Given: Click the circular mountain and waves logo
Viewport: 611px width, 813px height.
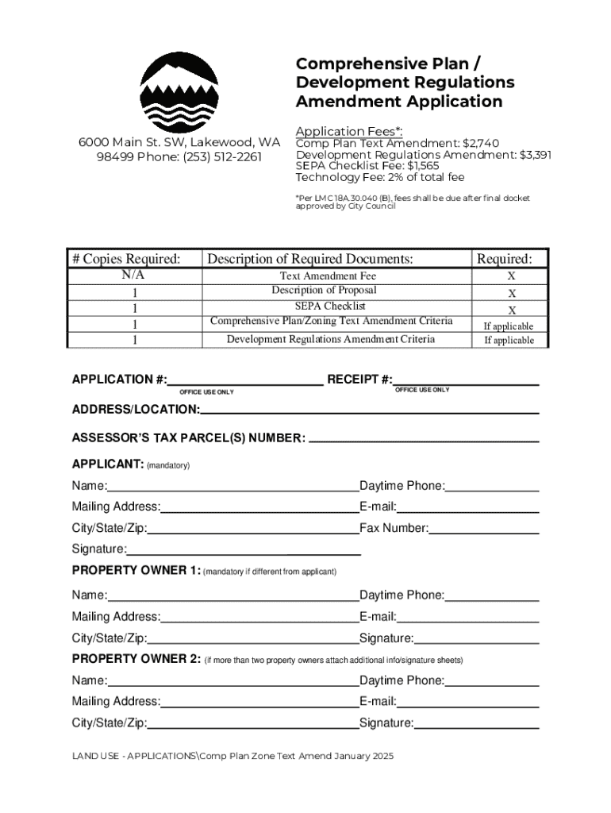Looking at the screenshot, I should tap(179, 92).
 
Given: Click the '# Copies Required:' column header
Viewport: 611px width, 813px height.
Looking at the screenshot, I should tap(126, 259).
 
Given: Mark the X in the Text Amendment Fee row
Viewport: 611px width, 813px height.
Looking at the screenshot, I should tap(512, 276).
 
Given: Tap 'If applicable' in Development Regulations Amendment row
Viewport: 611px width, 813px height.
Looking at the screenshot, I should tap(509, 341).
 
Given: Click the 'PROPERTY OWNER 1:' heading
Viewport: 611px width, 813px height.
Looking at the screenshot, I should tap(136, 571).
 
